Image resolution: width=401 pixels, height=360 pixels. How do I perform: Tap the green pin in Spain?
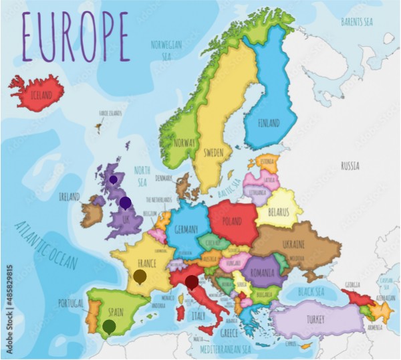108,326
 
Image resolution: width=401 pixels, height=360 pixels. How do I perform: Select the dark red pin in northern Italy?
192,282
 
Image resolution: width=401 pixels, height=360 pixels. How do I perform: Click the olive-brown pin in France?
140,276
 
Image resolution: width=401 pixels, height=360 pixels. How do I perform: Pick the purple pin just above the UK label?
125,202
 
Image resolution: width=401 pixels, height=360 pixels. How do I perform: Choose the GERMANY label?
186,230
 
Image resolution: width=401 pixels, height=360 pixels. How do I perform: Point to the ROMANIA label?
263,273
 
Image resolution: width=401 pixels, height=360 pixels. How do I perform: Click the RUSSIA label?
350,165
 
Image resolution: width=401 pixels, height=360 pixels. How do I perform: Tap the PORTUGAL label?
71,303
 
